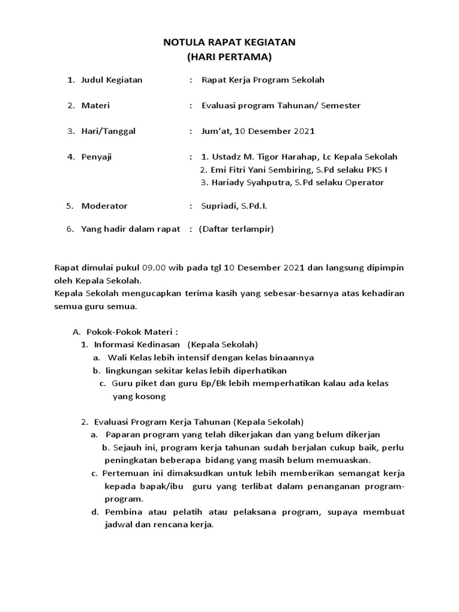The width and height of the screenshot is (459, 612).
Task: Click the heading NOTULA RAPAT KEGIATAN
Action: click(x=229, y=43)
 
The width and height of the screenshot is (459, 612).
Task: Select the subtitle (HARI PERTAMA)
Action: click(x=229, y=57)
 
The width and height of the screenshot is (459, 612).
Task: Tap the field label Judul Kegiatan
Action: click(x=112, y=79)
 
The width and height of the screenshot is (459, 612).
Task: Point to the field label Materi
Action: click(x=96, y=106)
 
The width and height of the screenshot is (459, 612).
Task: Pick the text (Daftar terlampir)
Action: click(x=236, y=229)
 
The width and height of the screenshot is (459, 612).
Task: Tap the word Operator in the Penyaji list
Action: click(x=365, y=183)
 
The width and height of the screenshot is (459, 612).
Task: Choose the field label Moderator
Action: click(x=104, y=206)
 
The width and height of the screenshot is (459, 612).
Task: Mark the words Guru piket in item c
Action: click(x=128, y=383)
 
